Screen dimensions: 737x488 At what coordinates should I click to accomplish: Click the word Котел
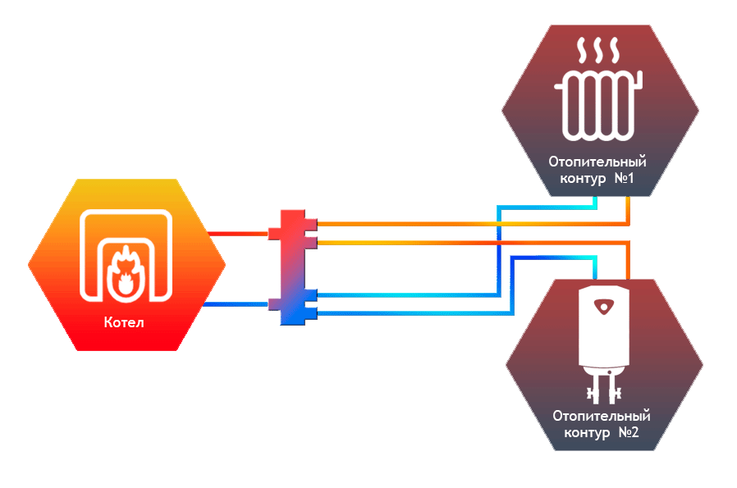pyautogui.click(x=124, y=322)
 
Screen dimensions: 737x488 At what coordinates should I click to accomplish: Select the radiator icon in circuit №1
pyautogui.click(x=598, y=105)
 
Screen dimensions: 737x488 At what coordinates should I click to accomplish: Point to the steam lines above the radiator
pyautogui.click(x=598, y=50)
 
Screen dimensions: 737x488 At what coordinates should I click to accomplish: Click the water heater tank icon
pyautogui.click(x=604, y=345)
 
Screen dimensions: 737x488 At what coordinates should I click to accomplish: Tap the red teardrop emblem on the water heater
pyautogui.click(x=603, y=306)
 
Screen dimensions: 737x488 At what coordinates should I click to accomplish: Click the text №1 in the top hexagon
pyautogui.click(x=625, y=179)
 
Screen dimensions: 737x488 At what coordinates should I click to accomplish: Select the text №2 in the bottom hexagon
pyautogui.click(x=629, y=432)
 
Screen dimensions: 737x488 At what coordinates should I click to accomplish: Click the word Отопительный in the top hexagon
pyautogui.click(x=597, y=162)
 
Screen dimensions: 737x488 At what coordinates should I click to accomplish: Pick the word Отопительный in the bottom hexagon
pyautogui.click(x=602, y=416)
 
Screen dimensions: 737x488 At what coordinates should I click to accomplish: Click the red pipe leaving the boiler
pyautogui.click(x=238, y=234)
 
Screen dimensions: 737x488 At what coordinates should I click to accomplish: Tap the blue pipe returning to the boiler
pyautogui.click(x=236, y=304)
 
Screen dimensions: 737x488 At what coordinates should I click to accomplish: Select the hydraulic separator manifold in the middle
pyautogui.click(x=293, y=267)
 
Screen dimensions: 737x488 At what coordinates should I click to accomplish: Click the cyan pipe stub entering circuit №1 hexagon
pyautogui.click(x=595, y=202)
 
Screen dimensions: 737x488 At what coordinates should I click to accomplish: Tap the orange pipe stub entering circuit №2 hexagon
pyautogui.click(x=628, y=262)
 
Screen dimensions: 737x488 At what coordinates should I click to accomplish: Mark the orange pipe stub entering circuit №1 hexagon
pyautogui.click(x=628, y=211)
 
